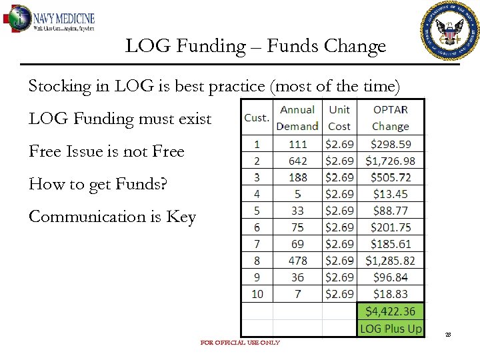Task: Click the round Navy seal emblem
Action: [x=451, y=31]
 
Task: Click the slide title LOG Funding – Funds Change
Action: [x=255, y=46]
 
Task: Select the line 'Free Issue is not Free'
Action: [x=106, y=151]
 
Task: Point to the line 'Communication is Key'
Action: [x=112, y=217]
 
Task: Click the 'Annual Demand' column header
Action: [x=297, y=117]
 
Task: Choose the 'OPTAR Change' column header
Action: [x=391, y=117]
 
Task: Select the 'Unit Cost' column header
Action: [x=339, y=117]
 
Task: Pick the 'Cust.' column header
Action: [x=257, y=118]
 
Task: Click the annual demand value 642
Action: [x=297, y=161]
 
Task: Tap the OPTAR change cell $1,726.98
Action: [x=391, y=161]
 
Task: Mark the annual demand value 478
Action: [x=297, y=261]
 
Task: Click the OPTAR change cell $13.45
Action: [x=391, y=194]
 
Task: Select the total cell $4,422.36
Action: [x=391, y=311]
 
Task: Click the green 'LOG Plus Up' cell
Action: [x=391, y=328]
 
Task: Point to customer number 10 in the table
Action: [x=257, y=294]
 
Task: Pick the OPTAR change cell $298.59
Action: [x=391, y=144]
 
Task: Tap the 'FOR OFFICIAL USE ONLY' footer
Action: [x=240, y=343]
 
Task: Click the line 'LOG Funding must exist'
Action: [x=120, y=119]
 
